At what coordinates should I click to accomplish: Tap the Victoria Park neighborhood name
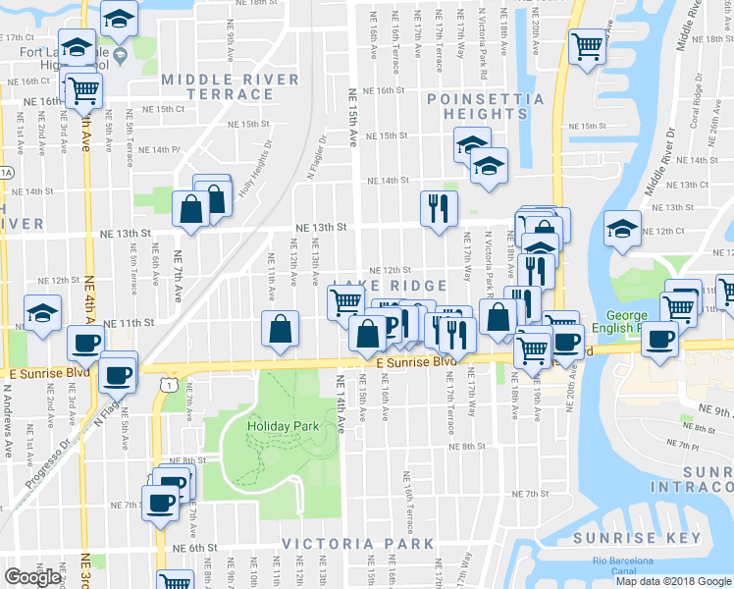[358, 543]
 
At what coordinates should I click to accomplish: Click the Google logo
[31, 577]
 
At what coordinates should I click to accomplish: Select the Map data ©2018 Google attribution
[673, 581]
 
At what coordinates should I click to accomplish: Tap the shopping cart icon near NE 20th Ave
[587, 44]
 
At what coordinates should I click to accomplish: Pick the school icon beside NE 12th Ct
[622, 230]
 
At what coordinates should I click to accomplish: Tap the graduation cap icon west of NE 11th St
[43, 313]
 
